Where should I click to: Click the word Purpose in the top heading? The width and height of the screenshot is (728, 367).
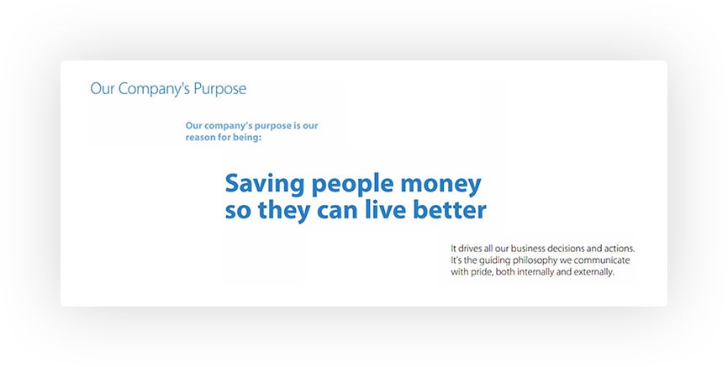pyautogui.click(x=219, y=89)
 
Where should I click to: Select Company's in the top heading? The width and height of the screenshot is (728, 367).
pyautogui.click(x=154, y=89)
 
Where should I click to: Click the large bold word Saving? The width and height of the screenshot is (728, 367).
pyautogui.click(x=265, y=184)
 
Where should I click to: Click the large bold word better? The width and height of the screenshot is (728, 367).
pyautogui.click(x=450, y=210)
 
